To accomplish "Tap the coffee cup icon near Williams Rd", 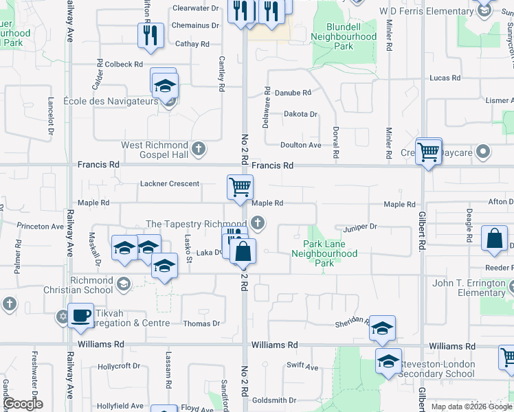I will coord(81,315).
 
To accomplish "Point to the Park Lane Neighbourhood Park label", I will coord(324,253).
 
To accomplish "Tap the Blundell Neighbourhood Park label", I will coord(344,36).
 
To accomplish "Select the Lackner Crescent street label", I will coord(170,184).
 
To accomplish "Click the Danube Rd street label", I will coord(293,92).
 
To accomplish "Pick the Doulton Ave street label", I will coord(300,145).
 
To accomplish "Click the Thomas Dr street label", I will coord(201,323).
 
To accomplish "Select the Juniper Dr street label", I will coord(361,227).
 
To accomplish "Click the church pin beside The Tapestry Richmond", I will coord(257,222).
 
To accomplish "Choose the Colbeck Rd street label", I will coord(124,64).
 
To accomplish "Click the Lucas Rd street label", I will coord(444,78).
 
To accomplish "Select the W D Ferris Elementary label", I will coord(425,12).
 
